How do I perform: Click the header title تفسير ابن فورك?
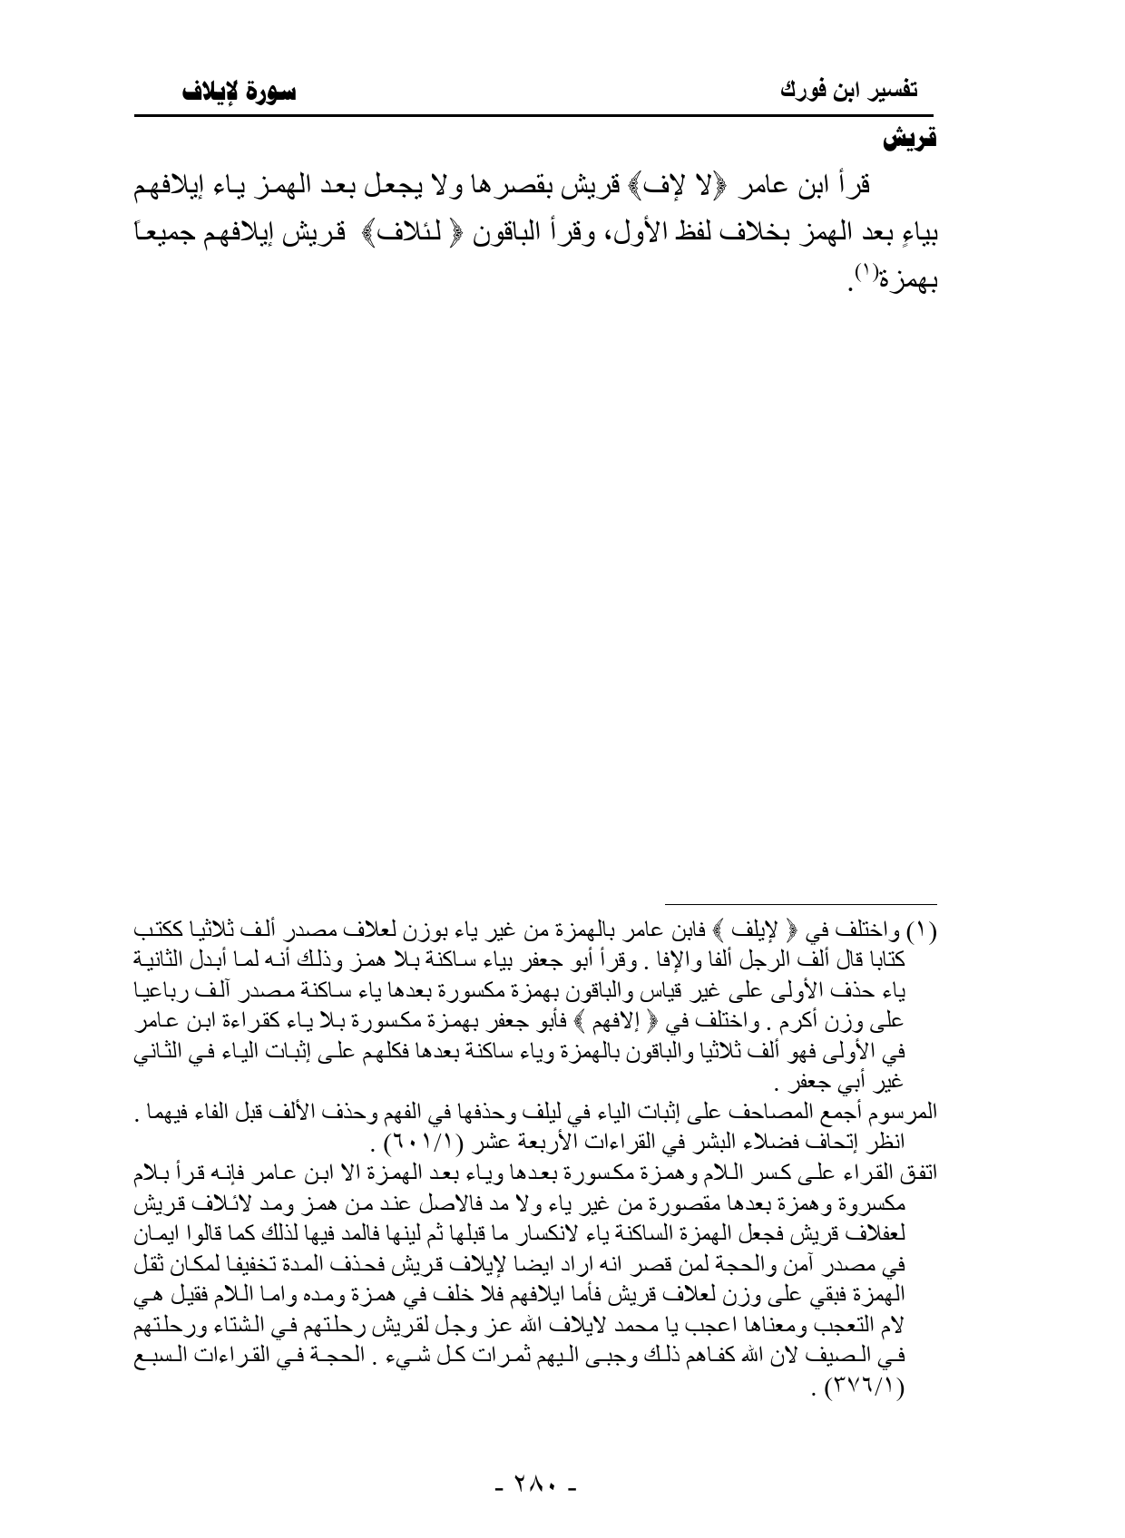(x=849, y=92)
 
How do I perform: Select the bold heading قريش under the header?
(x=910, y=142)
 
